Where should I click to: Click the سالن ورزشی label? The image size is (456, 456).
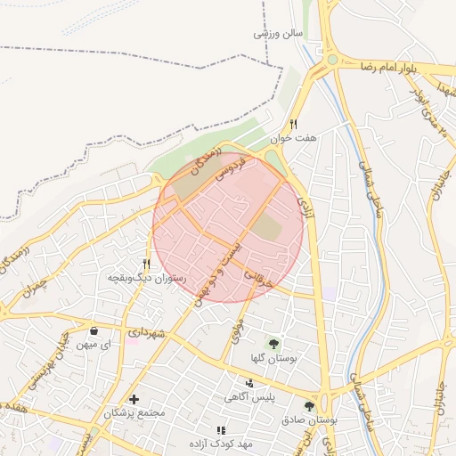click(x=279, y=33)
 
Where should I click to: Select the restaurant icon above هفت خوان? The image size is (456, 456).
click(x=293, y=125)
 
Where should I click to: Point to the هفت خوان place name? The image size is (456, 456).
click(x=297, y=139)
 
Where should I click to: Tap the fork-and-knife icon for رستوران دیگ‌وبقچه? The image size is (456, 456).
click(x=147, y=264)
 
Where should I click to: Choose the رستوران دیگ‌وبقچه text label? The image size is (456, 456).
click(x=146, y=278)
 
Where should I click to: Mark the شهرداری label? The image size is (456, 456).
click(x=146, y=332)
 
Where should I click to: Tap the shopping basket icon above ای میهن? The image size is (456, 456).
click(x=94, y=331)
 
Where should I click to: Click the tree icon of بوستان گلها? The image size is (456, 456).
click(x=273, y=343)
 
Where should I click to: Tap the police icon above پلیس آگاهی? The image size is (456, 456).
click(x=249, y=381)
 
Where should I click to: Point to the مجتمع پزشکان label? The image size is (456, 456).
click(x=135, y=413)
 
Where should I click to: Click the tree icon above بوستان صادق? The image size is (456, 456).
click(x=309, y=406)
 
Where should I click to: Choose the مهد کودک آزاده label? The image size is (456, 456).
click(x=221, y=443)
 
